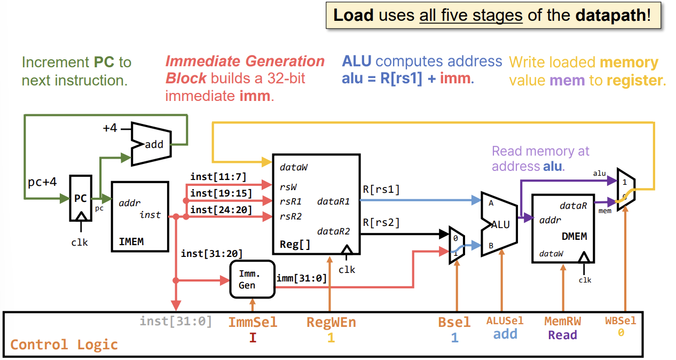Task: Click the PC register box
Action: tap(80, 198)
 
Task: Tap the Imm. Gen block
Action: tap(251, 279)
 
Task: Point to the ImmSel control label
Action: tap(253, 322)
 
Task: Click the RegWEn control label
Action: tap(331, 322)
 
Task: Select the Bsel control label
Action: tap(454, 322)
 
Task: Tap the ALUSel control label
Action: tap(505, 321)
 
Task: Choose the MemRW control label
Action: tap(562, 321)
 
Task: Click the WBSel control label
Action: tap(620, 321)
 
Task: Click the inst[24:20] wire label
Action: tap(221, 210)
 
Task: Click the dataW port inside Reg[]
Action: tap(293, 167)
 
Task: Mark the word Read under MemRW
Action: tap(562, 335)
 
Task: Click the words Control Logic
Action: tap(64, 345)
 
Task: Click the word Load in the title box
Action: tap(353, 15)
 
